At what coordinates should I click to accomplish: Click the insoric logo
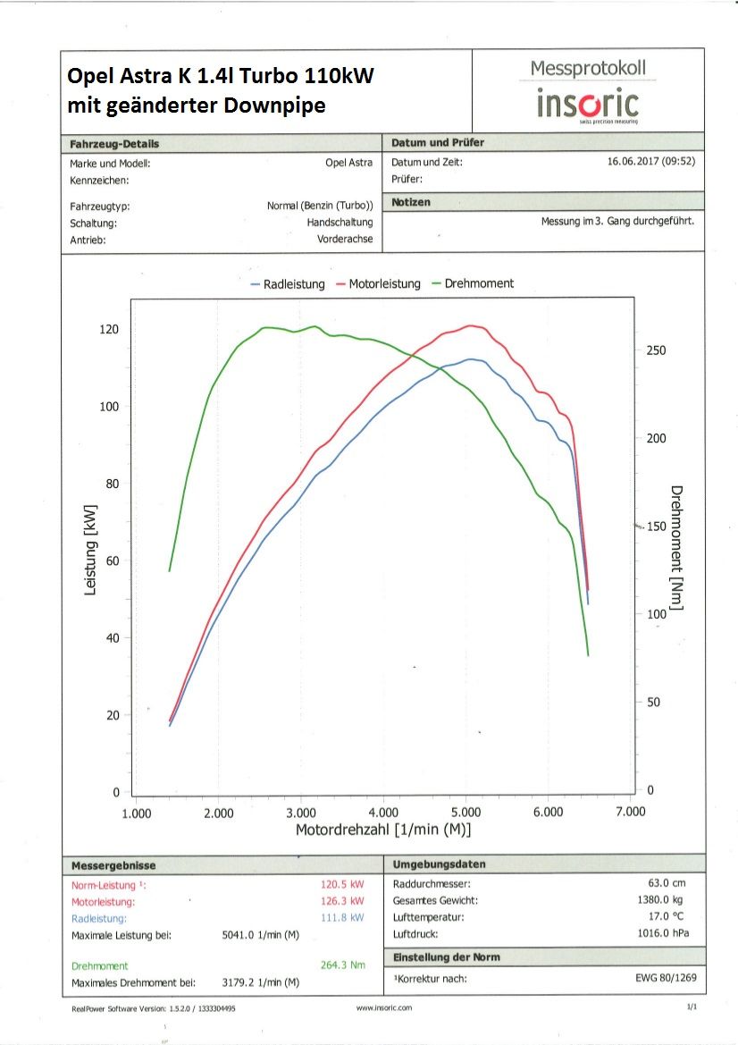pos(587,104)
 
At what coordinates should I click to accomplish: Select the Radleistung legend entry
pos(289,283)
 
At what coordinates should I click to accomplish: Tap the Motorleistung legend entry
pos(379,283)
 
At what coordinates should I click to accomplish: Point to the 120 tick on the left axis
pos(108,330)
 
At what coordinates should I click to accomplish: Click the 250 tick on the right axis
pos(656,350)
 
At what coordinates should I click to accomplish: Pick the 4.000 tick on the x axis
pos(384,813)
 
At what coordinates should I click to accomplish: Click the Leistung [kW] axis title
pos(90,561)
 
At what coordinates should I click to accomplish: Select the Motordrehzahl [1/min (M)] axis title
pos(383,830)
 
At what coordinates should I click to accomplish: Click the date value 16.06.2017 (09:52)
pos(650,163)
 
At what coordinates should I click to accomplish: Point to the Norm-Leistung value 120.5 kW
pos(342,884)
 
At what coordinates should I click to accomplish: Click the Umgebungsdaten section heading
pos(439,864)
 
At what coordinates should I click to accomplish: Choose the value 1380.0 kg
pos(666,900)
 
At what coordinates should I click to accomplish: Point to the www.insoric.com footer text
pos(383,1007)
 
